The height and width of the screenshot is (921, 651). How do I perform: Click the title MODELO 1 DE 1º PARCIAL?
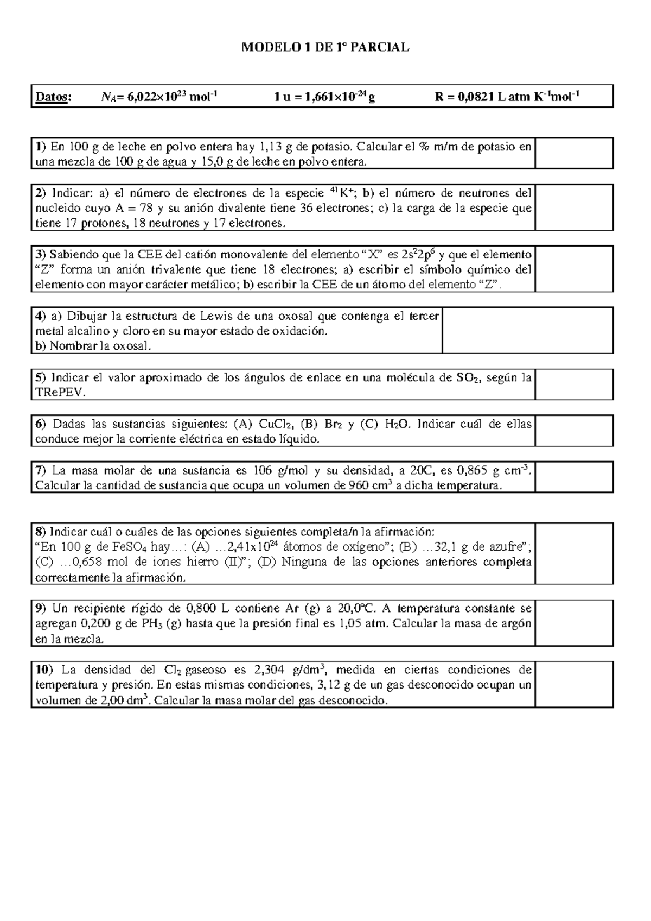tap(325, 48)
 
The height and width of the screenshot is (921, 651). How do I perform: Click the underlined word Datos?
tap(53, 97)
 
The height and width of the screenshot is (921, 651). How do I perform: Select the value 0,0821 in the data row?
tap(475, 97)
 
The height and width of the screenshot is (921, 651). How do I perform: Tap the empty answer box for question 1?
tap(573, 153)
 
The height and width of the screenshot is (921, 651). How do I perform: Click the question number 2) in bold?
tap(41, 193)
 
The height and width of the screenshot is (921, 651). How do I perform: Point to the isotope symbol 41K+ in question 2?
tap(342, 192)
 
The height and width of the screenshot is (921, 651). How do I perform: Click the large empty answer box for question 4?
tap(527, 330)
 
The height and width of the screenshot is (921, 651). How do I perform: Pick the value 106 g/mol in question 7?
tap(281, 470)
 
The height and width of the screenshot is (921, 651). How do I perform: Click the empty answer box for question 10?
tap(573, 684)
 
